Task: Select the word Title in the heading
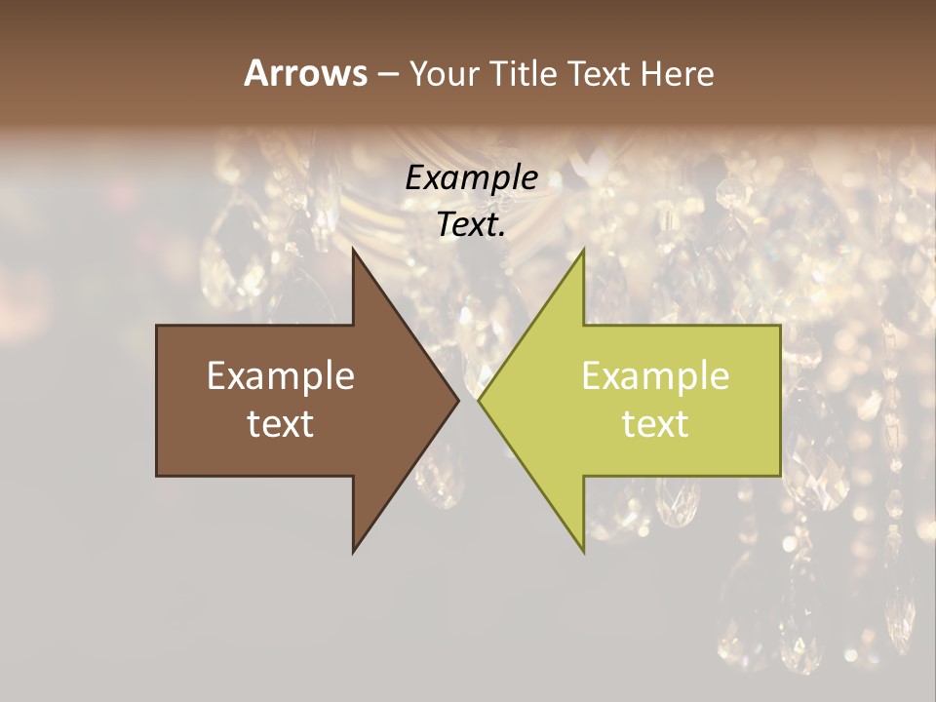pos(526,73)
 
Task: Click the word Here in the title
pos(677,73)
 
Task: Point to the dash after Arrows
pos(387,74)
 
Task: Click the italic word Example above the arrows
pos(471,177)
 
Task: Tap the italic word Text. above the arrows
pos(471,224)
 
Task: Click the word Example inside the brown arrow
pos(281,375)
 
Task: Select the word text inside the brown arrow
pos(281,423)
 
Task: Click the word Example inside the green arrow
pos(655,375)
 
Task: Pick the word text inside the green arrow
pos(655,423)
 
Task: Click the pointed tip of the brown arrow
pos(458,400)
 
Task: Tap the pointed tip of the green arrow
pos(479,400)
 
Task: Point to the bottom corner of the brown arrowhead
pos(353,552)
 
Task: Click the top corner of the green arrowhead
pos(583,250)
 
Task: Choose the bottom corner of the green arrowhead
pos(583,552)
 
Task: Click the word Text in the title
pos(599,73)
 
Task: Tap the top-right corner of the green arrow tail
pos(780,326)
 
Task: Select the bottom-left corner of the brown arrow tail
pos(157,476)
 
